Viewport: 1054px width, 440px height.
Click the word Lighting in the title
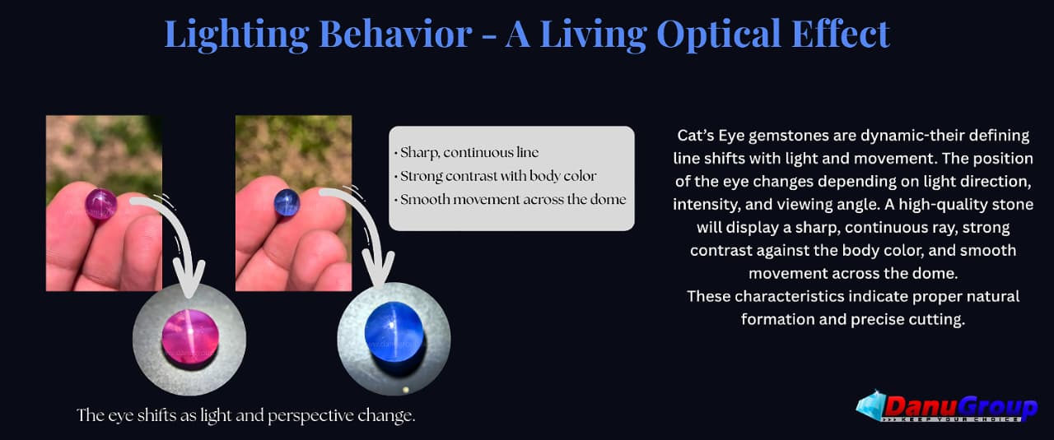click(236, 35)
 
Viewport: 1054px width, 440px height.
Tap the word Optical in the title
click(719, 35)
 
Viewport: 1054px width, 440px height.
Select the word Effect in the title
click(841, 34)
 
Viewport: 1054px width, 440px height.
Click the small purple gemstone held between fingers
click(100, 204)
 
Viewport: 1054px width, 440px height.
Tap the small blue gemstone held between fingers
click(287, 202)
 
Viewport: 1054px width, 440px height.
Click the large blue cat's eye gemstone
click(394, 332)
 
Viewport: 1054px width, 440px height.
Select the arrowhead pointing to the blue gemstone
click(378, 270)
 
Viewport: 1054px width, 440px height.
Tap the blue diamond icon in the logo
click(870, 405)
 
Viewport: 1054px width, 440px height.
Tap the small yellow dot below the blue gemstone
click(406, 390)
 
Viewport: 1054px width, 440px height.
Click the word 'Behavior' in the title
click(395, 34)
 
